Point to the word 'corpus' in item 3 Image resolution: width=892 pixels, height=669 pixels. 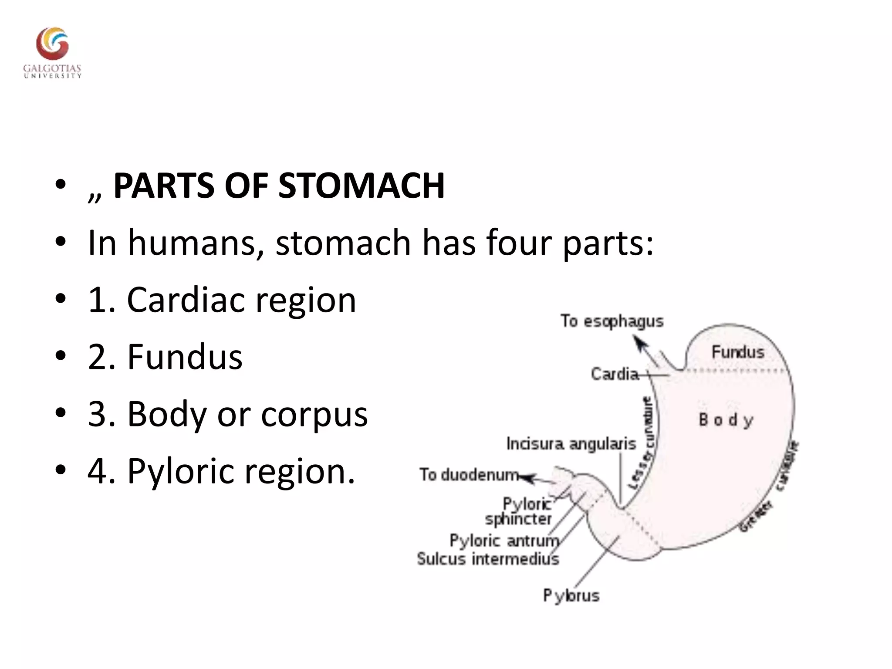314,414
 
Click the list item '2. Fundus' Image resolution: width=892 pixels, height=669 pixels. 165,357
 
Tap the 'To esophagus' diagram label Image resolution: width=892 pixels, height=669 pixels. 612,321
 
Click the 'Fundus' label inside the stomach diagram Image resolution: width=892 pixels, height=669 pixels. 738,352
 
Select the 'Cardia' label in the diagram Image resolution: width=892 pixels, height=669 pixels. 615,374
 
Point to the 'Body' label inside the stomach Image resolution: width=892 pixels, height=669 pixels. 726,420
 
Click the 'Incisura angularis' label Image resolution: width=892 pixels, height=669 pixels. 571,444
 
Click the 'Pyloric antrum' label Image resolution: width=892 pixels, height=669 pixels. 504,541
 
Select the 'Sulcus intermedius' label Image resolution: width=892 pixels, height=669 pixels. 488,559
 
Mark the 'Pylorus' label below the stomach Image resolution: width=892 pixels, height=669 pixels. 571,595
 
